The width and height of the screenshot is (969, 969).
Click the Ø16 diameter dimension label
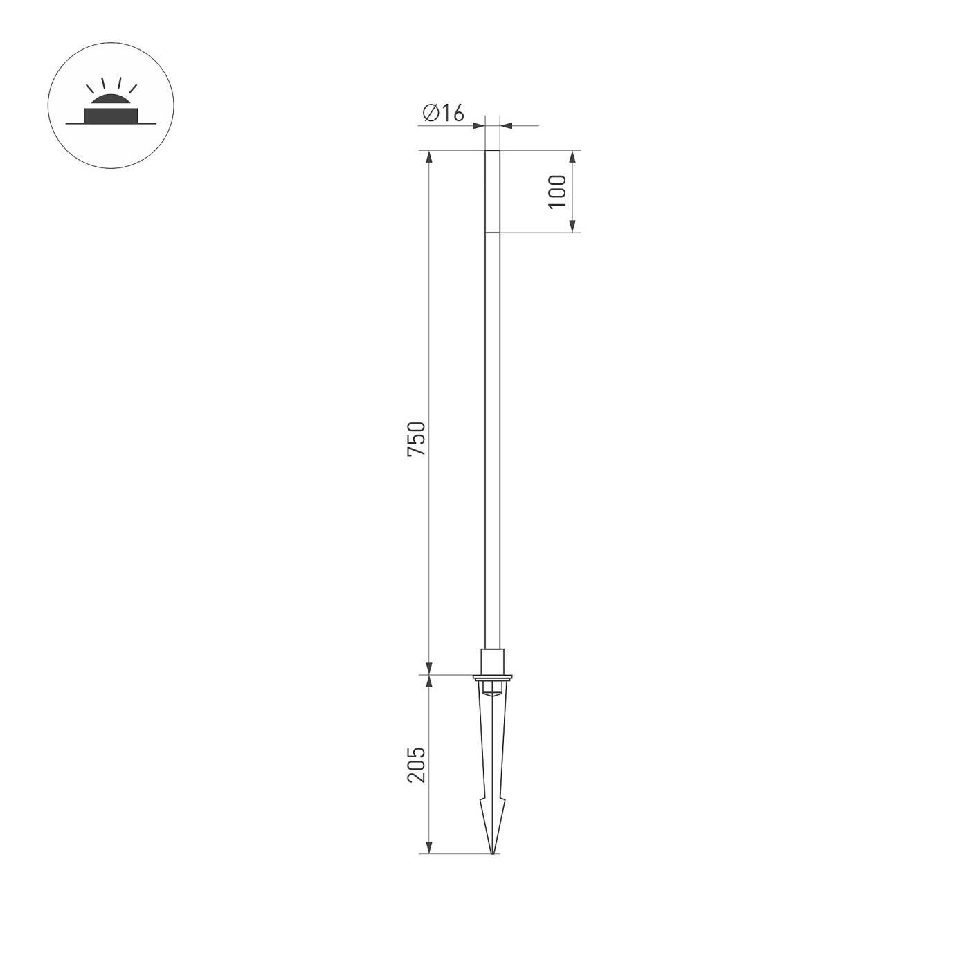coord(443,112)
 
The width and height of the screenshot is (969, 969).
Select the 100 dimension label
coord(558,191)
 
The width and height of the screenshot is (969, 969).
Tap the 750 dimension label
coord(417,438)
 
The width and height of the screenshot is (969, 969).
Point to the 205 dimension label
coord(417,764)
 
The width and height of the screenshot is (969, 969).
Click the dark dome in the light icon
coord(111,102)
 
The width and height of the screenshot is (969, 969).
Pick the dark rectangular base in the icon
coord(111,115)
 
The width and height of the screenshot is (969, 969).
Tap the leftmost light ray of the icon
coord(89,89)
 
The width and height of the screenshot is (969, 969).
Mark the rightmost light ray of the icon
coord(133,89)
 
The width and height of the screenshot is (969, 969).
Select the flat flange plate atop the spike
coord(492,676)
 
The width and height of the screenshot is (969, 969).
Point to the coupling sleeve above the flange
coord(492,660)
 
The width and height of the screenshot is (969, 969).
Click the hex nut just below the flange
coord(492,687)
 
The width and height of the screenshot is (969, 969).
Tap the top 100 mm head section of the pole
coord(492,191)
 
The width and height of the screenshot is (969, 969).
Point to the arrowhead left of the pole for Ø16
coord(478,125)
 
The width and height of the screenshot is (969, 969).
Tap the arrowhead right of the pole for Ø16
coord(506,125)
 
